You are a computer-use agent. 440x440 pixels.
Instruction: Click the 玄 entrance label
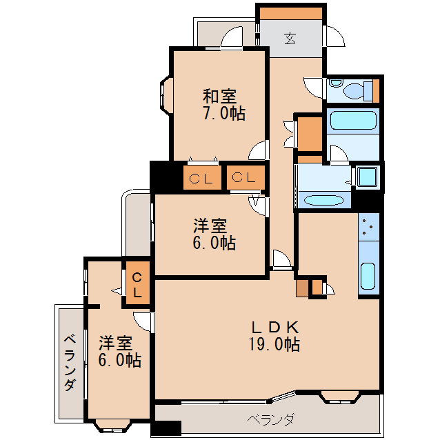pos(290,39)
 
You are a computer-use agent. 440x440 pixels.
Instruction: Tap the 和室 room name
pos(220,96)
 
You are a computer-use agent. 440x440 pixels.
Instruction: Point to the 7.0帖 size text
pos(223,114)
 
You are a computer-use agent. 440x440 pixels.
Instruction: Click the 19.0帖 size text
pos(274,344)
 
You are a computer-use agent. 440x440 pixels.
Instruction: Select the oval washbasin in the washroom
pos(324,201)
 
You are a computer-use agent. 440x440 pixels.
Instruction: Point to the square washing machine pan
pos(366,177)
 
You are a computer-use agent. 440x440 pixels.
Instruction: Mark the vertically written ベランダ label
pos(70,363)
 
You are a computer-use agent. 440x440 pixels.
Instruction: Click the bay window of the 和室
pos(166,96)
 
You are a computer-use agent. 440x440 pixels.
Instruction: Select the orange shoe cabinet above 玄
pos(290,13)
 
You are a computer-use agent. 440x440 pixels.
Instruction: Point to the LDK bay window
pos(341,396)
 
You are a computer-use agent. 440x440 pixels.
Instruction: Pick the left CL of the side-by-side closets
pos(202,179)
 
